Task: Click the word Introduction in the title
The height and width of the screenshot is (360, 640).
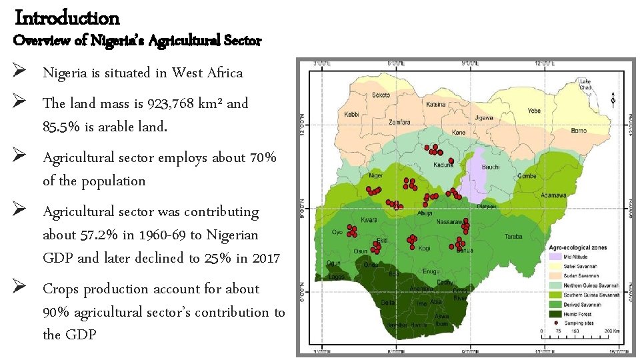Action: click(67, 17)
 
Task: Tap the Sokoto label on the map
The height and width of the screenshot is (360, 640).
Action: click(381, 95)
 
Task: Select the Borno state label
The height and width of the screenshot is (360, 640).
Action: click(578, 131)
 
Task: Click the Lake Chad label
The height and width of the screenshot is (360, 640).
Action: click(585, 84)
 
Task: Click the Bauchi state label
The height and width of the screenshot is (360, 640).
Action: click(491, 167)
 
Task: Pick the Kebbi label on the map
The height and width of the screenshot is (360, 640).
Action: click(351, 114)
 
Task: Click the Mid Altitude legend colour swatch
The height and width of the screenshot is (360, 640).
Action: click(555, 256)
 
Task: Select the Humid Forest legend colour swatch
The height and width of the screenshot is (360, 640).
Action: click(555, 313)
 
